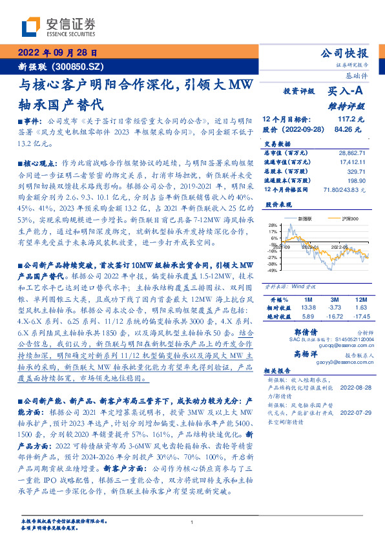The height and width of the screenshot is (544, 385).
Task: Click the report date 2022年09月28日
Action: point(57,53)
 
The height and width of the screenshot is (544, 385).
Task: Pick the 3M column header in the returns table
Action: point(335,300)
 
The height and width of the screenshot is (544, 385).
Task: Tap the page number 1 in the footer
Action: point(192,522)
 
